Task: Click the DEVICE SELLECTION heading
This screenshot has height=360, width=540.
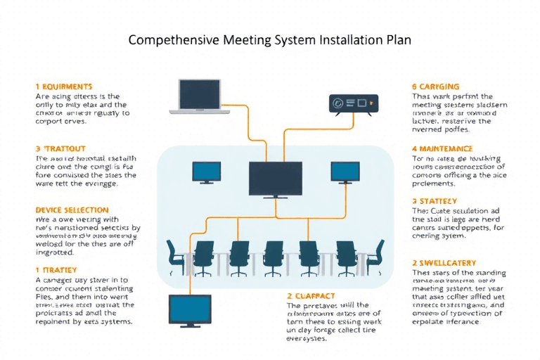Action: point(72,210)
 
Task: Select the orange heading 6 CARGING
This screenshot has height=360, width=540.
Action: point(435,86)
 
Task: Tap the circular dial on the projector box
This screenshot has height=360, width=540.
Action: point(338,103)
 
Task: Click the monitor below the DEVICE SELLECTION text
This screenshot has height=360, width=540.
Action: point(190,309)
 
